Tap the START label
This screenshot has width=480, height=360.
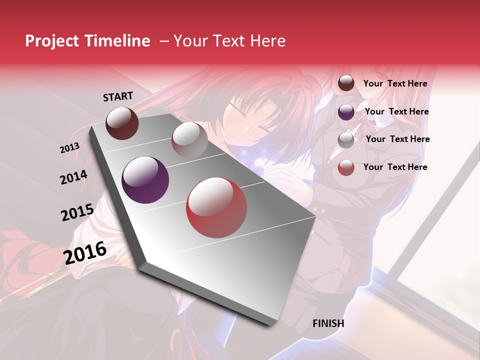click(x=118, y=96)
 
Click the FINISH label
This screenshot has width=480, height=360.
click(x=328, y=323)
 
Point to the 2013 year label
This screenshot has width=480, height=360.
click(x=69, y=148)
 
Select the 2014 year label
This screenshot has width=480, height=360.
click(x=73, y=177)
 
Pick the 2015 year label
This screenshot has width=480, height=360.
click(x=77, y=212)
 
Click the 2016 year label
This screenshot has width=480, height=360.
click(x=85, y=252)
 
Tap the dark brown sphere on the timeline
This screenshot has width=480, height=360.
click(x=122, y=123)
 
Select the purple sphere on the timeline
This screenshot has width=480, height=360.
click(x=145, y=180)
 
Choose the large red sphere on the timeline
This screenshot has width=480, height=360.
click(x=216, y=207)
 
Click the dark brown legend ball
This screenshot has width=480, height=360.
click(x=346, y=83)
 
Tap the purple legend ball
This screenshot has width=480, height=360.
click(x=346, y=112)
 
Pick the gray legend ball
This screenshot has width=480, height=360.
click(x=346, y=140)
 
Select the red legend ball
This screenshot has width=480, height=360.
click(x=346, y=167)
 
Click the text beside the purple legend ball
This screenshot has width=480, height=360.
click(x=397, y=111)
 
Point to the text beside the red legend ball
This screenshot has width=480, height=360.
click(x=395, y=167)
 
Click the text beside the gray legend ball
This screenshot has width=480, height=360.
click(x=398, y=139)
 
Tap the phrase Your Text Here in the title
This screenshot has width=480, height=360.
click(x=229, y=41)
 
